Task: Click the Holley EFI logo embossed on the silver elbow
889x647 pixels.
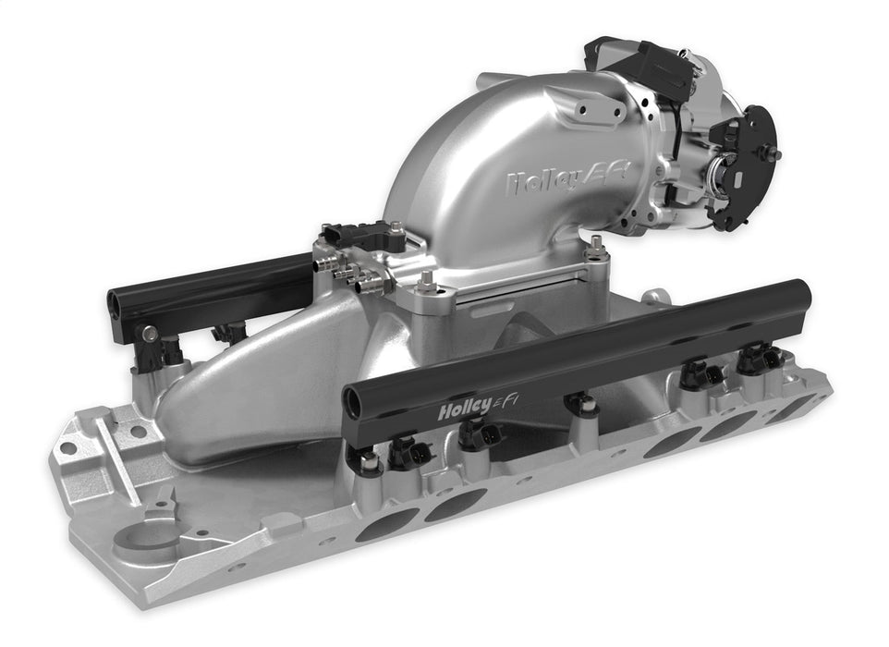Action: point(567,178)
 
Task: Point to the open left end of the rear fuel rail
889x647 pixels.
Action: point(118,302)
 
